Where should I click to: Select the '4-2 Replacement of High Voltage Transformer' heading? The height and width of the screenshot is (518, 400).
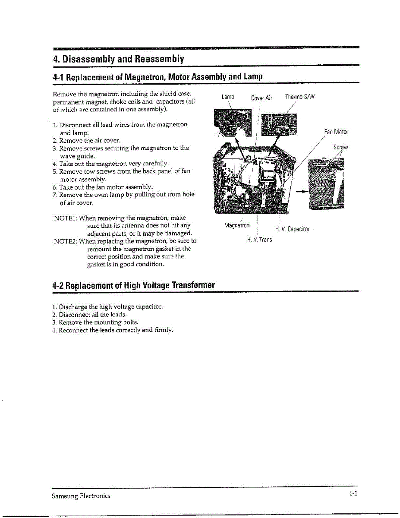pyautogui.click(x=133, y=285)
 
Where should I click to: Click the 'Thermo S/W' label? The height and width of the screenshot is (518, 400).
pyautogui.click(x=300, y=97)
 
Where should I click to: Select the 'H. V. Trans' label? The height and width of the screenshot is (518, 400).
pyautogui.click(x=259, y=240)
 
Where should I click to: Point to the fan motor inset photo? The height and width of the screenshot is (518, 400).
pyautogui.click(x=327, y=183)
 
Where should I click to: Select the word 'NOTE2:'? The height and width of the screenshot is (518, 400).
pyautogui.click(x=65, y=241)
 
